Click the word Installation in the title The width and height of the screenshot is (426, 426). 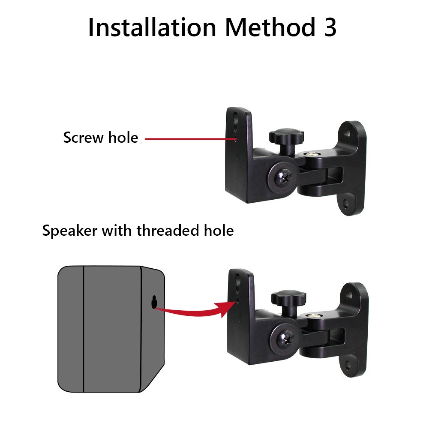pos(152,27)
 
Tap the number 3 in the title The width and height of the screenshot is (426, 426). pos(330,27)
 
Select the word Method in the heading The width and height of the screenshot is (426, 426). pos(270,27)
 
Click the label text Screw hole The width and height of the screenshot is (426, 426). pos(101,138)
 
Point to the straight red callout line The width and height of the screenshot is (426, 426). pos(190,139)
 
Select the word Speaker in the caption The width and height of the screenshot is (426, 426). pos(69,231)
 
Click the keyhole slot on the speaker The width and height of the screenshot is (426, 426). pos(154,302)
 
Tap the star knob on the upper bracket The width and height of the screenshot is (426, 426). pos(286,136)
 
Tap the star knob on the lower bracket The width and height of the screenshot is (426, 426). pos(288,298)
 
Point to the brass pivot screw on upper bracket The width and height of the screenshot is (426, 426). pos(312,154)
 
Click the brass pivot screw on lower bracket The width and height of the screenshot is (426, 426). pos(314,316)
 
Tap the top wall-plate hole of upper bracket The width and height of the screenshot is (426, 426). pos(347,133)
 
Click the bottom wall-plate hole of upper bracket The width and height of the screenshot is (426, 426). pos(345,203)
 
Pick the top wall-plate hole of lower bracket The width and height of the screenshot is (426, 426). pos(349,295)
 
